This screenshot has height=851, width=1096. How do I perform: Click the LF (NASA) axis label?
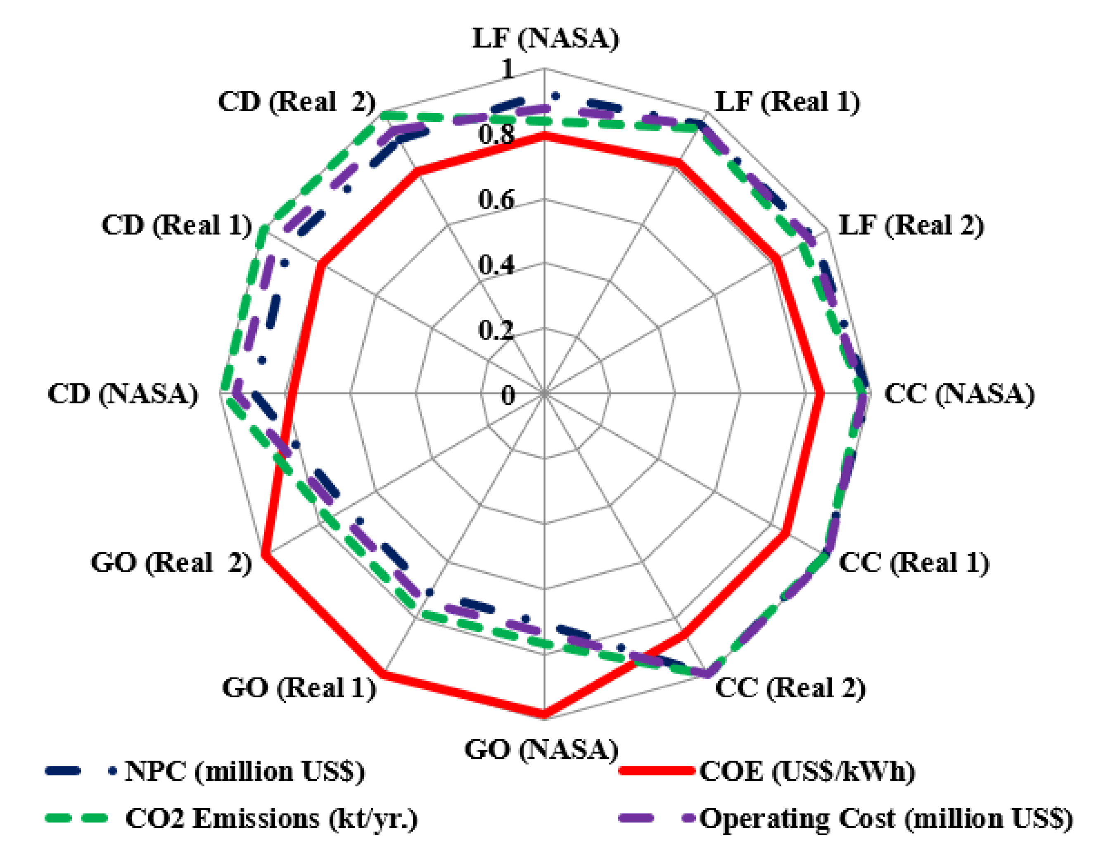pos(546,39)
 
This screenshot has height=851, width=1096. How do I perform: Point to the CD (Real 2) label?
pos(297,102)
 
